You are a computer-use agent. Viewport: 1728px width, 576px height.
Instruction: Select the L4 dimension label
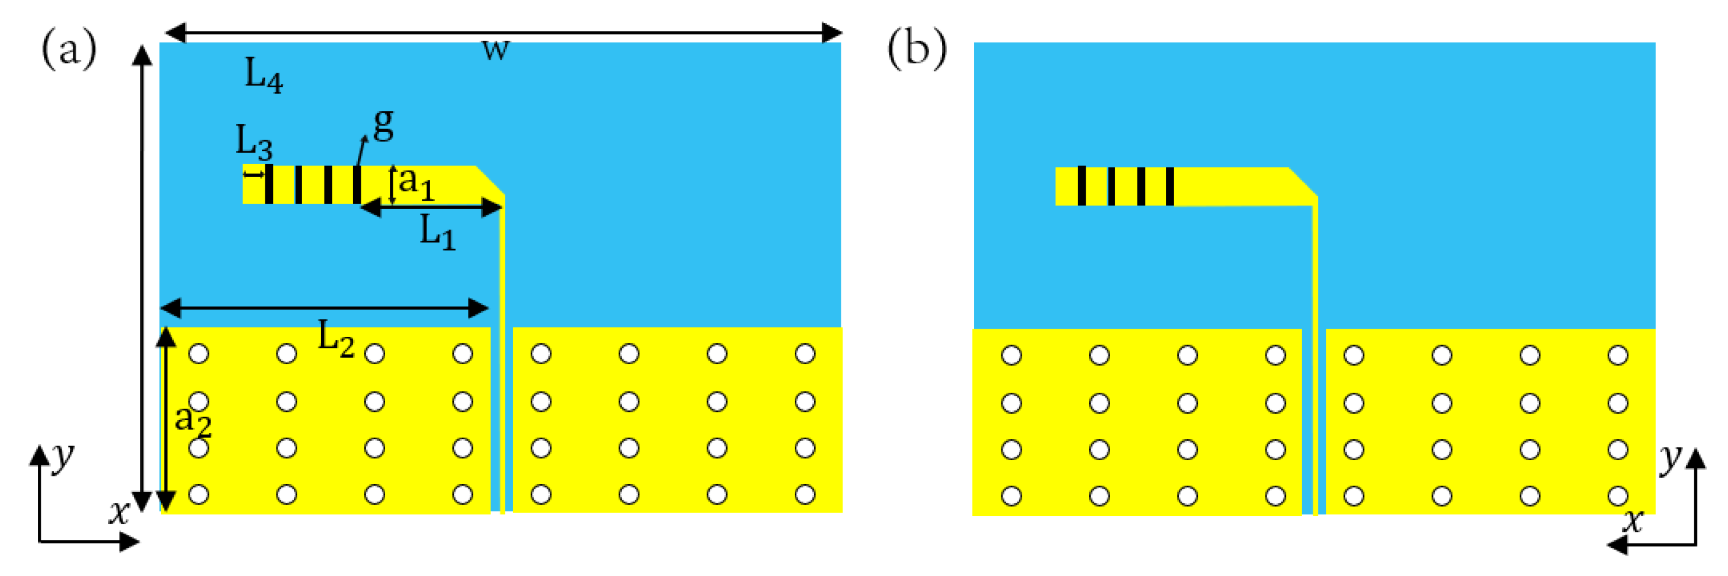click(x=263, y=74)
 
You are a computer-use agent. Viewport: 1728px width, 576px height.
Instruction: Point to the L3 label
click(x=254, y=141)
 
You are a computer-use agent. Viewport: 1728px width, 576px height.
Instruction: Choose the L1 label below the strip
click(x=438, y=232)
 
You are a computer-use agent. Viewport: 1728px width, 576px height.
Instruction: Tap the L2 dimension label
click(x=335, y=338)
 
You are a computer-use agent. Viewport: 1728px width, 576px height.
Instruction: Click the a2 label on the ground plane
click(x=193, y=421)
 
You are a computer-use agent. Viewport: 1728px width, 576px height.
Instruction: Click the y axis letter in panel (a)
click(x=63, y=457)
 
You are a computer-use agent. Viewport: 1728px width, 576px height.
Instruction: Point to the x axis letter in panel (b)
click(x=1633, y=520)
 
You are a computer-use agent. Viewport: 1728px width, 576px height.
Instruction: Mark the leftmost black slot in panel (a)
click(x=268, y=184)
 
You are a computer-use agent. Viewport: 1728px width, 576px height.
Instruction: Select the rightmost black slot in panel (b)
click(x=1169, y=186)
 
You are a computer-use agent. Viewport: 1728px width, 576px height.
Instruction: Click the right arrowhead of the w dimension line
click(x=832, y=32)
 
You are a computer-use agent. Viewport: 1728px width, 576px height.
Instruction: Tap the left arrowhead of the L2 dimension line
click(x=171, y=308)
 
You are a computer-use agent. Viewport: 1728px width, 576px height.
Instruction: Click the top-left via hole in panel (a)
click(x=198, y=353)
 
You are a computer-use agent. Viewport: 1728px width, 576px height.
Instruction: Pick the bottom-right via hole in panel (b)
click(x=1617, y=496)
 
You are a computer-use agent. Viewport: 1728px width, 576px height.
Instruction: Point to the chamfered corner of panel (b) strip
click(x=1303, y=182)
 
